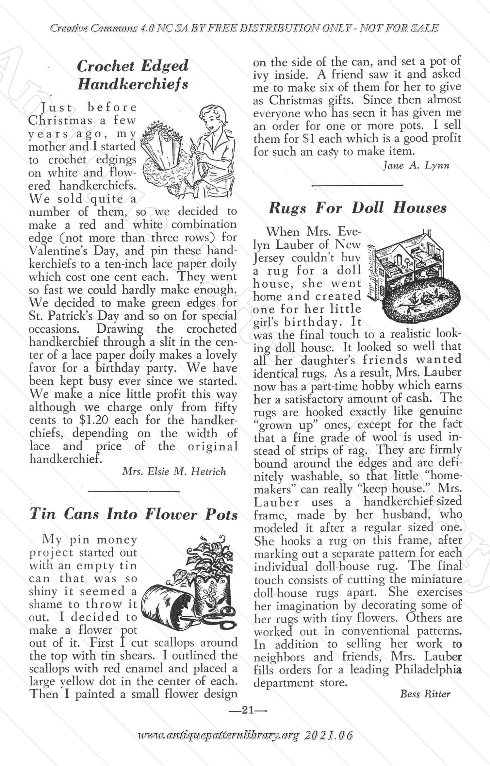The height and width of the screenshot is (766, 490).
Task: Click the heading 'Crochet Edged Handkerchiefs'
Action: [133, 75]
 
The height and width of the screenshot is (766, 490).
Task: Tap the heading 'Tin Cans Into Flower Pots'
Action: [133, 514]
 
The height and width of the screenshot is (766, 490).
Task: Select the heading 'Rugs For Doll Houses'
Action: [357, 208]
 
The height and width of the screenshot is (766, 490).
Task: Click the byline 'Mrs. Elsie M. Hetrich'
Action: [174, 471]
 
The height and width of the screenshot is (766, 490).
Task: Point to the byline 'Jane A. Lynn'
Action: [416, 165]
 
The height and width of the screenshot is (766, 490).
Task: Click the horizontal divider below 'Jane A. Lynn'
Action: [357, 186]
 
